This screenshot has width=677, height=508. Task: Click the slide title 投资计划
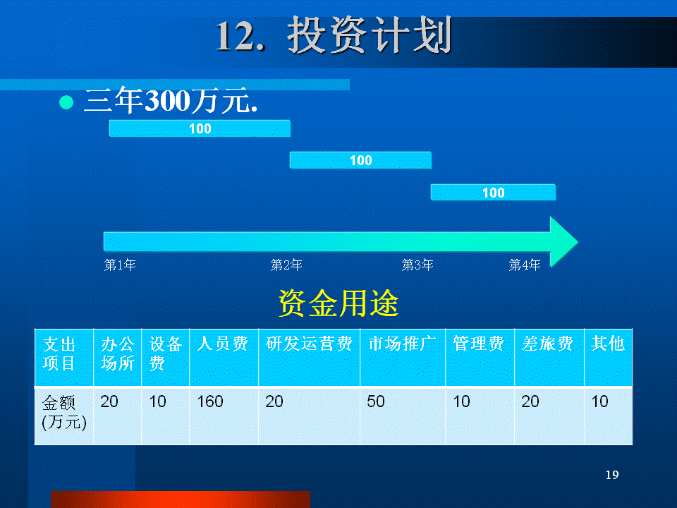[x=370, y=35]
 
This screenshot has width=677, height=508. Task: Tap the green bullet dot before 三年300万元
[x=66, y=102]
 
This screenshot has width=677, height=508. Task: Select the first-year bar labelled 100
[x=200, y=128]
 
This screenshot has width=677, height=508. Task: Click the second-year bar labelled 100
[x=360, y=160]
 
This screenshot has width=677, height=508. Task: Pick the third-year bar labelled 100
[x=493, y=192]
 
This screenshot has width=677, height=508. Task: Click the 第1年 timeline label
[x=120, y=265]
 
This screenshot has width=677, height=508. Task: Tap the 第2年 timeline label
[x=286, y=265]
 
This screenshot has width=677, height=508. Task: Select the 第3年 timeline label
[x=417, y=265]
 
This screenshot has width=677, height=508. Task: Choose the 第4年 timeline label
[x=525, y=265]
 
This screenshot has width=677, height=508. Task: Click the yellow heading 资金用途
[x=338, y=303]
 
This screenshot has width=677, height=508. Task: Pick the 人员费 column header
[x=223, y=344]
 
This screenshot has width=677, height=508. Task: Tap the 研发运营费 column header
[x=309, y=344]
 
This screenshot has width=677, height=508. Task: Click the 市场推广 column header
[x=402, y=344]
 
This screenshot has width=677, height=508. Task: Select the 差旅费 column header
[x=547, y=344]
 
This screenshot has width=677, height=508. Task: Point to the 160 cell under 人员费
[x=210, y=401]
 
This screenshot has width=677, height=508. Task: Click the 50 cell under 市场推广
[x=376, y=401]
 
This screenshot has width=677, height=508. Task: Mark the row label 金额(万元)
[x=64, y=412]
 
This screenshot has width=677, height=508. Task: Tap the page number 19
[x=612, y=475]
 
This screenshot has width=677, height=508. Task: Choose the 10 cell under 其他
[x=599, y=401]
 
